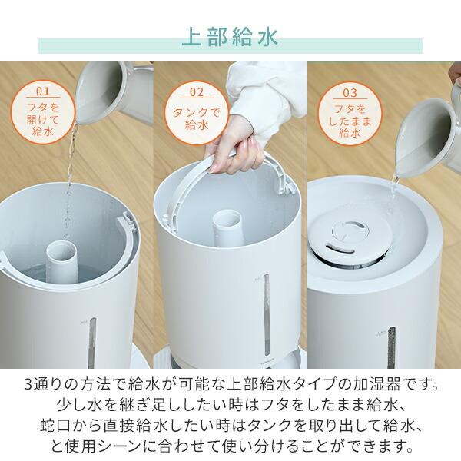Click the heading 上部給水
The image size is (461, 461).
pos(230,38)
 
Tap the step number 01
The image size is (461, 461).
pos(42,94)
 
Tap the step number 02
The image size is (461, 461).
pos(197,94)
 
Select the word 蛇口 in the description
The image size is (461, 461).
pos(55,424)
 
